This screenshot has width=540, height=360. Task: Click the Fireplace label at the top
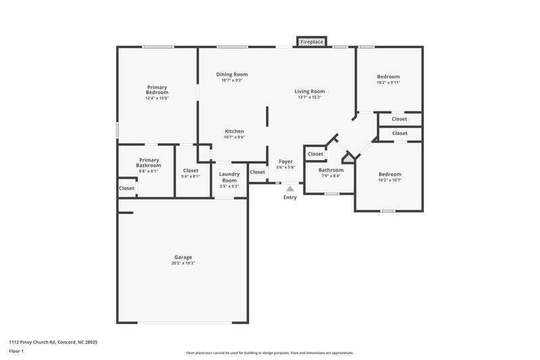pos(312,42)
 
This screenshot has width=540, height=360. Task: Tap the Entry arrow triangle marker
pos(290,189)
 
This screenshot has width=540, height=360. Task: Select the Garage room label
pos(183,257)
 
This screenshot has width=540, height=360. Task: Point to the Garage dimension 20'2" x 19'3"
pos(183,263)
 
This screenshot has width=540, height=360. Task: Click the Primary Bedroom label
pos(157,89)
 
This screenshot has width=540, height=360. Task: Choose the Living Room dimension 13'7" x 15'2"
pos(309,97)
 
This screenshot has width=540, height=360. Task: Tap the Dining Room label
pos(232,74)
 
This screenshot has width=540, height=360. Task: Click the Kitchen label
pos(234,131)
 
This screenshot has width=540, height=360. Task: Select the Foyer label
pos(285,162)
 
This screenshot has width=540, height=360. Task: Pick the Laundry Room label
pos(230,177)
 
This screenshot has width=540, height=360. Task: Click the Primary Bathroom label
pos(148,163)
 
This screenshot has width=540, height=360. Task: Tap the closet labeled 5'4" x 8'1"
pos(191,176)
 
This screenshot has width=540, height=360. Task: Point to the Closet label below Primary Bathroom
pos(126,188)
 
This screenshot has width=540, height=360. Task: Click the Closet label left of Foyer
pos(257,172)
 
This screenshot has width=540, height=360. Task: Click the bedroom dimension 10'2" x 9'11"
pos(388,83)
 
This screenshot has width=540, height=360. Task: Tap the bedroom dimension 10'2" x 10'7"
pos(390,180)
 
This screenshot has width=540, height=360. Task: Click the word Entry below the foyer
pos(290,198)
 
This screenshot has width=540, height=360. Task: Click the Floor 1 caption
pos(16,352)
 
